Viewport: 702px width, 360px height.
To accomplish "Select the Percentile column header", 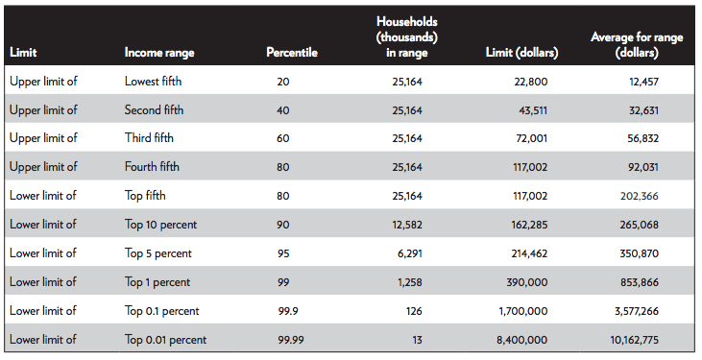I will click(291, 53).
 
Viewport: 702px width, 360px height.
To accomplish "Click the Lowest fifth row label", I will click(155, 82).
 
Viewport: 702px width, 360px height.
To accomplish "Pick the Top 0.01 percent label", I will click(165, 340).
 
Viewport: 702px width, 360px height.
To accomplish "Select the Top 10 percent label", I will click(159, 225).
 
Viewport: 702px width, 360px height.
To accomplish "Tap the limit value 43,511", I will click(530, 110).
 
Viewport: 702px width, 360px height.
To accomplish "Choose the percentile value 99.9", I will click(287, 311).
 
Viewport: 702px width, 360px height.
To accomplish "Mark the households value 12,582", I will click(406, 225).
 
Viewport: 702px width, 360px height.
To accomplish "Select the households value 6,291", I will click(409, 253).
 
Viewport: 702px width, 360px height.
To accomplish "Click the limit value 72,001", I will click(531, 139).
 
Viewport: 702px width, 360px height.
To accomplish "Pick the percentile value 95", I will click(283, 253).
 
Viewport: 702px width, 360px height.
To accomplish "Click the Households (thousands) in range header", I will click(401, 37).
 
